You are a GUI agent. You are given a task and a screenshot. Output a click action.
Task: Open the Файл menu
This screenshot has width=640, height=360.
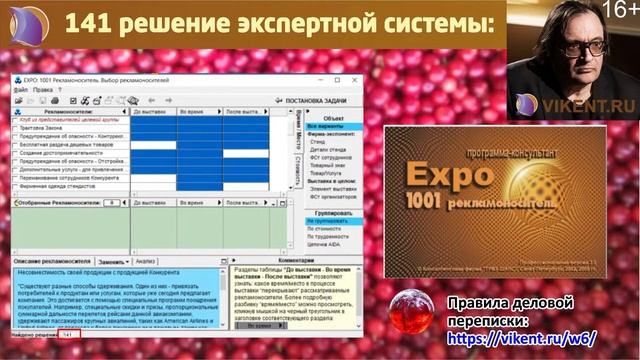coord(21,89)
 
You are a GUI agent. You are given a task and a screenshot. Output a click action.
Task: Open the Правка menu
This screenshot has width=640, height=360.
coord(42,89)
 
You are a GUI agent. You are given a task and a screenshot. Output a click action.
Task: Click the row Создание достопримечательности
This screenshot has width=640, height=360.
coord(61,153)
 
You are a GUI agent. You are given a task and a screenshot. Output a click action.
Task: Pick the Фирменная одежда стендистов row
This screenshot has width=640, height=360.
coord(62,186)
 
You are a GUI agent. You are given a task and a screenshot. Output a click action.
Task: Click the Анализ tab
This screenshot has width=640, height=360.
coord(146,260)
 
